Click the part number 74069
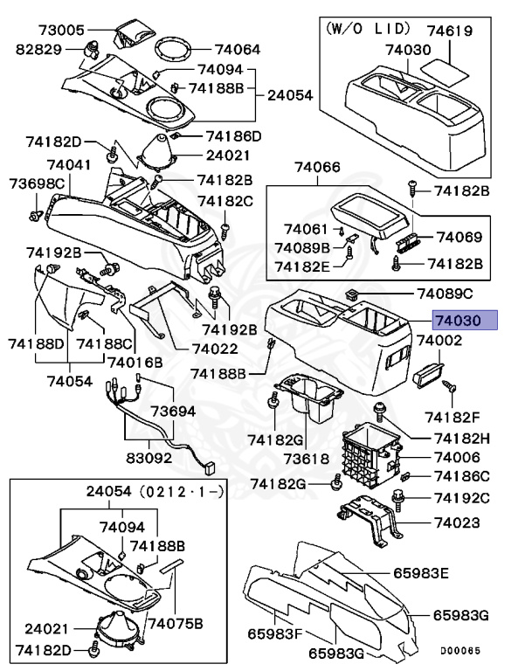click(459, 237)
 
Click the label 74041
click(70, 165)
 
